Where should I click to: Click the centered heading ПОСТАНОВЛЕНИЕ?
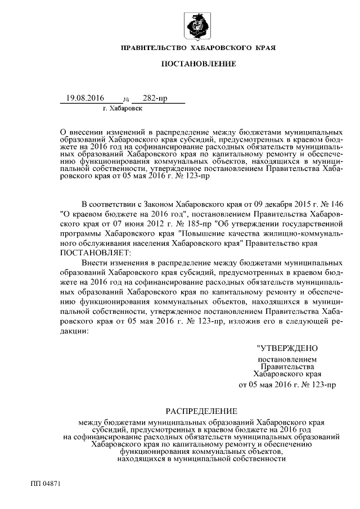point(199,65)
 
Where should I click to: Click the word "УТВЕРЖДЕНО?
point(287,348)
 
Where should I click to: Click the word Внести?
point(93,263)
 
